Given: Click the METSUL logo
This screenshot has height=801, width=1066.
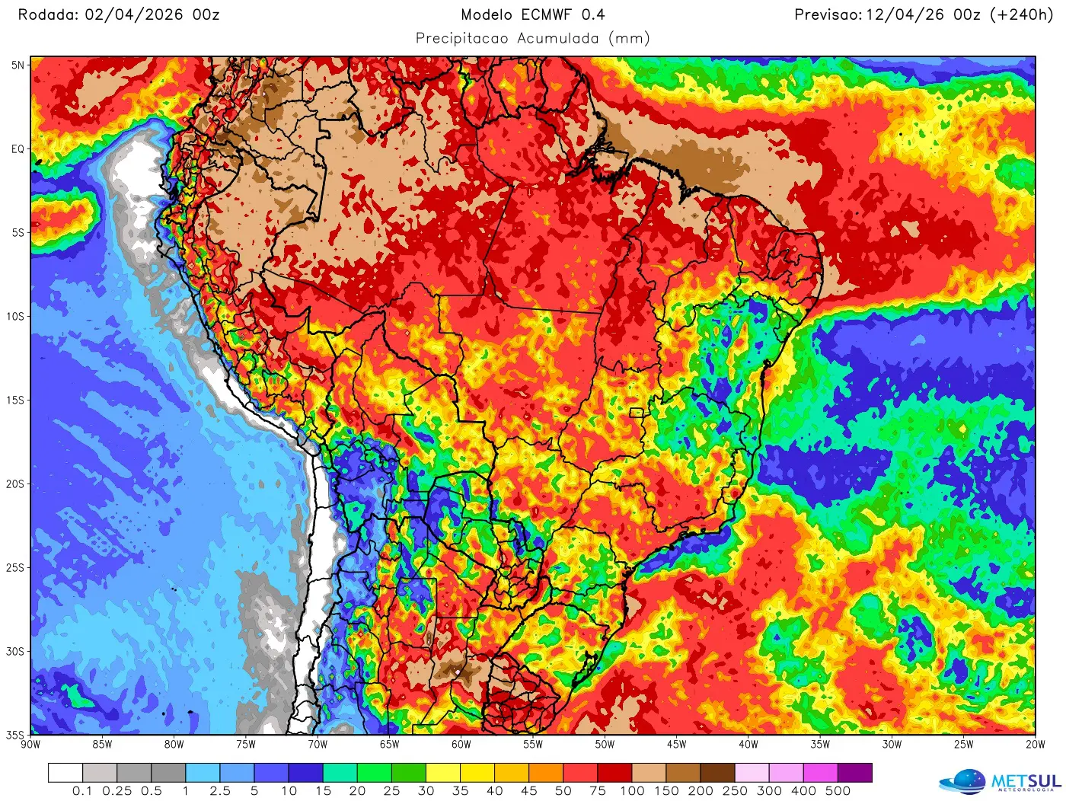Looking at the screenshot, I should (1001, 782).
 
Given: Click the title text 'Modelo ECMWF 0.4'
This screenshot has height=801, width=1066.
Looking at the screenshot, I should (532, 14).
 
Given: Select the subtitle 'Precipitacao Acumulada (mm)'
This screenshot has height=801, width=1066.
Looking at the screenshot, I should (532, 38).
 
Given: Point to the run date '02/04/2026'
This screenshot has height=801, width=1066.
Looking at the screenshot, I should (133, 14).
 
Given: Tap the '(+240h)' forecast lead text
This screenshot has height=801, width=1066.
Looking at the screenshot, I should (1021, 14).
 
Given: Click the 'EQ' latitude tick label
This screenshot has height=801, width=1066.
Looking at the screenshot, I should (18, 149).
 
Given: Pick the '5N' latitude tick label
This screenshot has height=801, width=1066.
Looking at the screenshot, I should (18, 65).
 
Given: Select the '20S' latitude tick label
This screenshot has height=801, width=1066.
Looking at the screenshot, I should (15, 484).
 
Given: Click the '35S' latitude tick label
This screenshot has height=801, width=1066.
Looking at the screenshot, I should (15, 735).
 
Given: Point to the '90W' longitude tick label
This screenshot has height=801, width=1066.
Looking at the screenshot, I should (30, 745).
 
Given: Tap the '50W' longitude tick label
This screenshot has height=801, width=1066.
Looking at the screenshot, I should (605, 745).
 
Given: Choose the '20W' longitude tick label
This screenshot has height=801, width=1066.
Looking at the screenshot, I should (1035, 745).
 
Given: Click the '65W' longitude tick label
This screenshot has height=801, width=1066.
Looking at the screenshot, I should (389, 745).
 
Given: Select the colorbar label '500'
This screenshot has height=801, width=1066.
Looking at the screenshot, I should (838, 791).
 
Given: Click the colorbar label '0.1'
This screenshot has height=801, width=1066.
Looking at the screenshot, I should (82, 791).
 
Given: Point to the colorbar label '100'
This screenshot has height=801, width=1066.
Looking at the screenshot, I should (632, 791).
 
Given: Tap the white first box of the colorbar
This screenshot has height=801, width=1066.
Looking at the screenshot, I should (65, 773).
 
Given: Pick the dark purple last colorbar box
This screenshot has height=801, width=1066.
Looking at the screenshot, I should (854, 773).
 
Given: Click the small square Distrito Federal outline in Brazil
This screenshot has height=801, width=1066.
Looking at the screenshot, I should (636, 413).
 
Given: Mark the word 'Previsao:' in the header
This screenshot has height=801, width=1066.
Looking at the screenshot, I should (828, 14).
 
